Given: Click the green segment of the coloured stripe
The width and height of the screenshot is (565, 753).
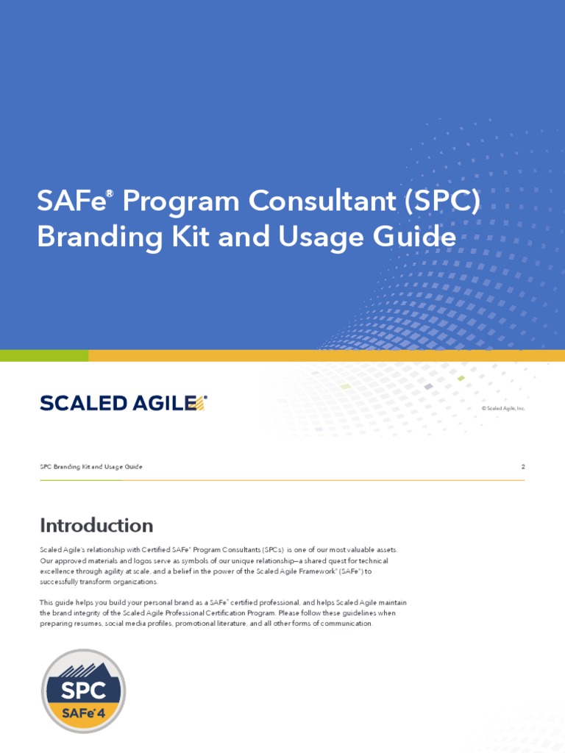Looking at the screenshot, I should (44, 356).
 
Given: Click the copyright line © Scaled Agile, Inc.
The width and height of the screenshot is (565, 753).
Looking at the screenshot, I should (503, 408).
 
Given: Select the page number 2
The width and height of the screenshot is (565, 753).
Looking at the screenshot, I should (522, 467).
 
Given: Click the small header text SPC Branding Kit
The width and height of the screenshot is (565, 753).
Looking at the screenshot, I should (90, 467).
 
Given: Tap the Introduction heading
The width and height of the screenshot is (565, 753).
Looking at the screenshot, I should (96, 526).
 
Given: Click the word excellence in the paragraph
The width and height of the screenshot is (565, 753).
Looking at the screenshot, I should (57, 571).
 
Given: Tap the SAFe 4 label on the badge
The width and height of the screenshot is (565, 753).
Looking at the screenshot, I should (83, 713).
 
